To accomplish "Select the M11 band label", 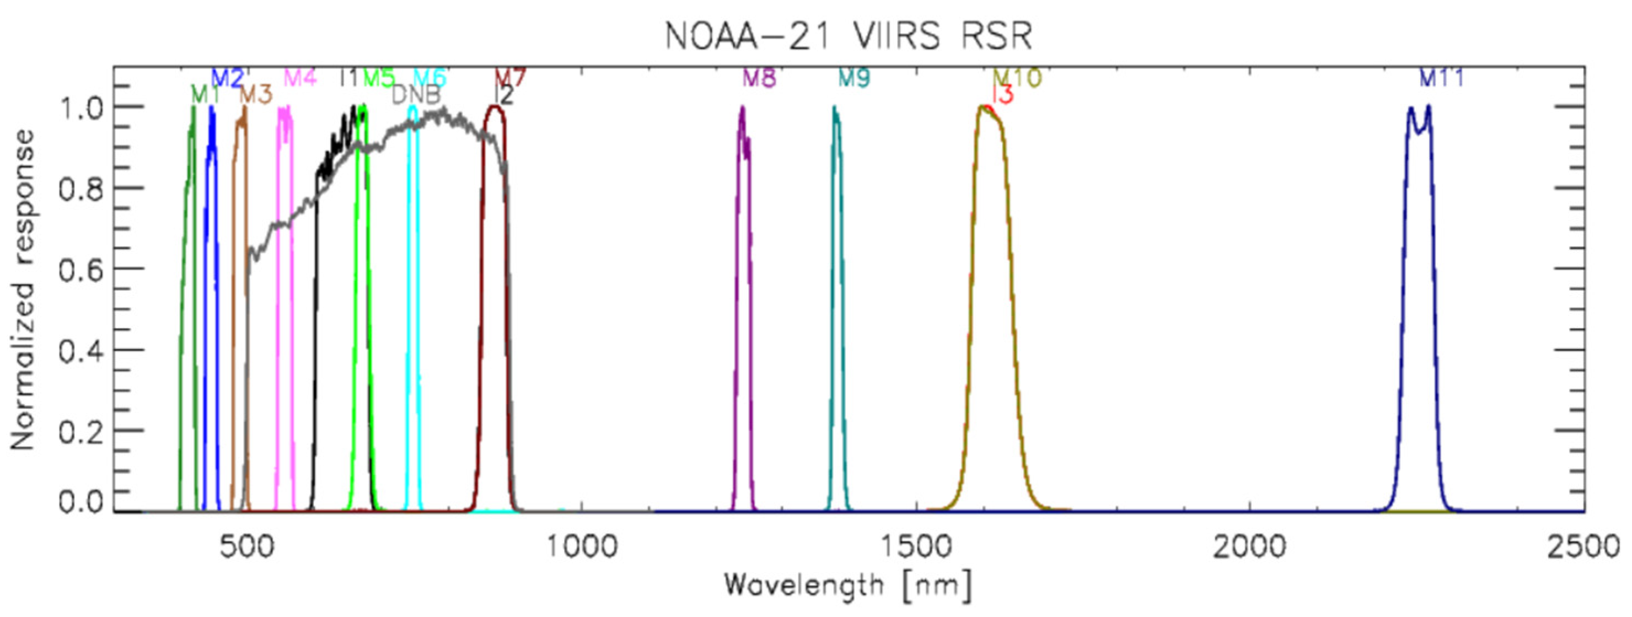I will (1441, 78).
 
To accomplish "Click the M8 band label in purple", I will (759, 78).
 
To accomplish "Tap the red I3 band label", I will (1002, 95).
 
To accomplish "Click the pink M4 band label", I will (300, 78).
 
